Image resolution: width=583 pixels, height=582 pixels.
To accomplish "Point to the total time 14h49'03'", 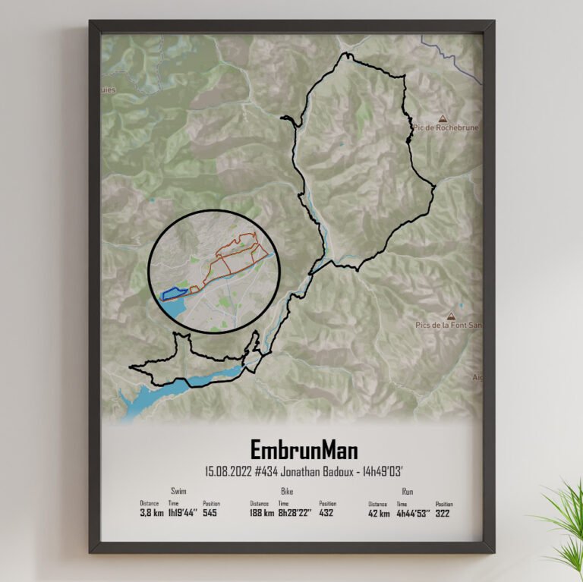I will [367, 470].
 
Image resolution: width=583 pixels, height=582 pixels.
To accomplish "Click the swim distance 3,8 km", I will [151, 513].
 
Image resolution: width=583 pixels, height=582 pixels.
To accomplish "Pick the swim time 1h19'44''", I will [183, 513].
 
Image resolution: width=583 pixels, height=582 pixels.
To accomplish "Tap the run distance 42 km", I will [379, 513].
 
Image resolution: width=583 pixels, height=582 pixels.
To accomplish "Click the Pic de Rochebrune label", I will [447, 127].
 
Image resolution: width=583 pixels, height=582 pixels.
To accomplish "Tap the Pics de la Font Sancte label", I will [448, 325].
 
